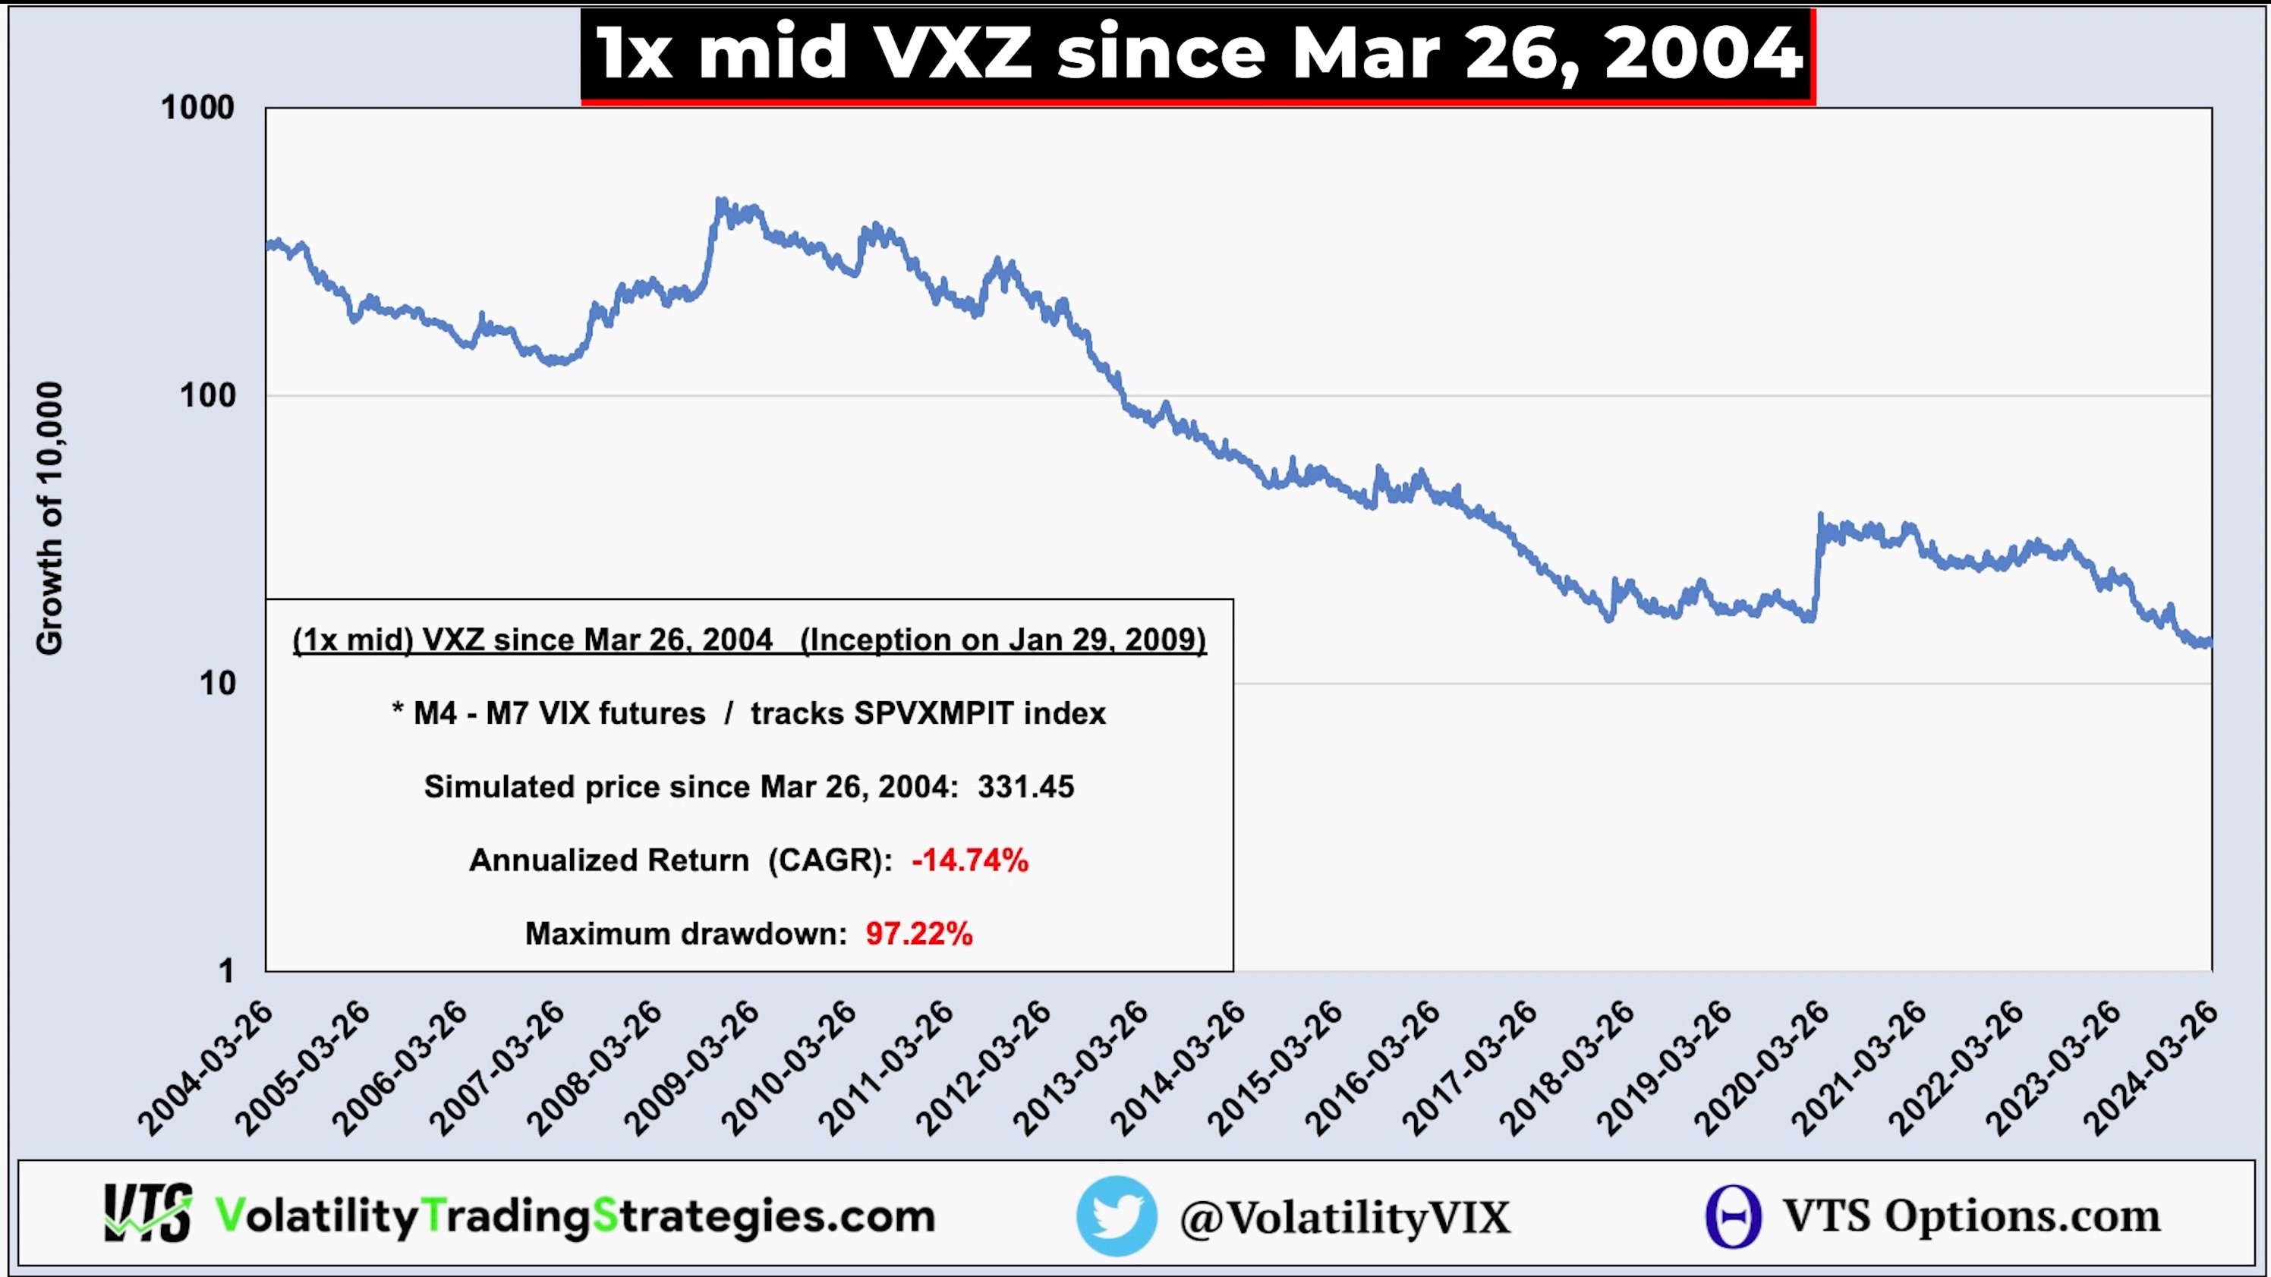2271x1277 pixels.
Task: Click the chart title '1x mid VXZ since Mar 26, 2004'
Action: pyautogui.click(x=1198, y=54)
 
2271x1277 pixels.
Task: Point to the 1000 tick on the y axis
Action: pyautogui.click(x=197, y=108)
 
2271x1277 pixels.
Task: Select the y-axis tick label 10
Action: pyautogui.click(x=218, y=683)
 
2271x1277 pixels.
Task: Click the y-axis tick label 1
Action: pyautogui.click(x=227, y=970)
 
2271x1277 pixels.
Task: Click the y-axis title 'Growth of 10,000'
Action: pyautogui.click(x=49, y=518)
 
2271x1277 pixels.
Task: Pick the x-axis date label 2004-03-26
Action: pyautogui.click(x=206, y=1068)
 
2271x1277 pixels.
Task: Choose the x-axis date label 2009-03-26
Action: pyautogui.click(x=692, y=1068)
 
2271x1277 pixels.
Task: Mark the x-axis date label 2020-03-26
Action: pyautogui.click(x=1762, y=1068)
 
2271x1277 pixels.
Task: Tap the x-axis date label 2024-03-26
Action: pyautogui.click(x=2151, y=1068)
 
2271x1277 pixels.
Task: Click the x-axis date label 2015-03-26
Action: pyautogui.click(x=1276, y=1068)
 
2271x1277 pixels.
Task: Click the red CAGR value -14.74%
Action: pyautogui.click(x=970, y=860)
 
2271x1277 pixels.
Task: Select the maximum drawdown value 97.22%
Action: pyautogui.click(x=918, y=933)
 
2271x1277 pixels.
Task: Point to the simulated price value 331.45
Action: pyautogui.click(x=1025, y=786)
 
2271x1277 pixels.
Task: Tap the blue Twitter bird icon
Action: pyautogui.click(x=1116, y=1216)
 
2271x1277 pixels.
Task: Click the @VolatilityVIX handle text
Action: pyautogui.click(x=1345, y=1217)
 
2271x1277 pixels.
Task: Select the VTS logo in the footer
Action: pyautogui.click(x=147, y=1213)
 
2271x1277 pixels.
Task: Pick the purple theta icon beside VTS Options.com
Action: pyautogui.click(x=1733, y=1216)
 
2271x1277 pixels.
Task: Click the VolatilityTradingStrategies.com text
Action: pyautogui.click(x=575, y=1216)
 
